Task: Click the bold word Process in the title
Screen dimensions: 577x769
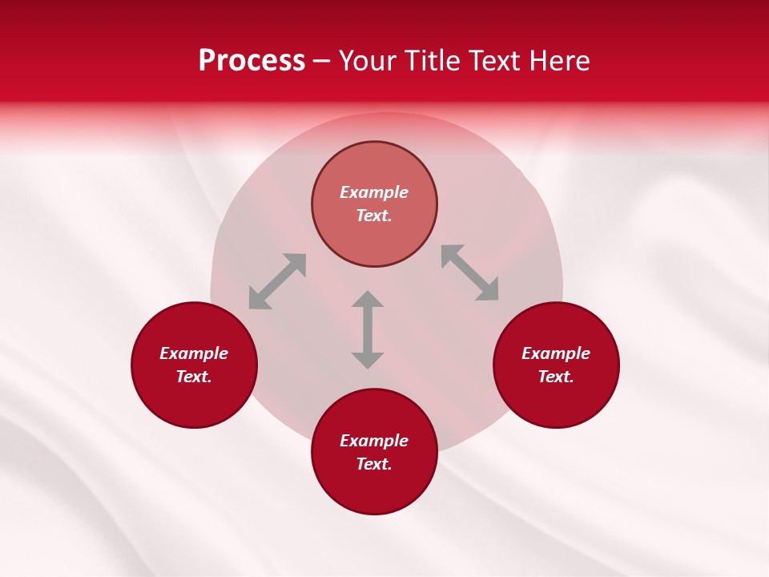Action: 252,61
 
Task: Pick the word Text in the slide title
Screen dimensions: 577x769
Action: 494,61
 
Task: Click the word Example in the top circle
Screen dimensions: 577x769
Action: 374,192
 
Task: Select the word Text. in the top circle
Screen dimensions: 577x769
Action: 374,216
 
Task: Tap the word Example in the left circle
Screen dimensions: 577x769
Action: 194,353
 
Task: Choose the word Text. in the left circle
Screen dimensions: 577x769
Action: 194,377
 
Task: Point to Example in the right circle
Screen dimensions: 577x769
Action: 556,353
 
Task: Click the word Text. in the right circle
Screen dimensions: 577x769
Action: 556,377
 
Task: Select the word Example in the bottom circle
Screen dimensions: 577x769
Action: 374,441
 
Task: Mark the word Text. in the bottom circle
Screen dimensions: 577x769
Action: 374,464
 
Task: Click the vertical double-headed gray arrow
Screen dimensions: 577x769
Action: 368,329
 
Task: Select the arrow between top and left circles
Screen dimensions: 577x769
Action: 277,281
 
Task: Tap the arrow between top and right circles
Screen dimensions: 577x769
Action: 470,272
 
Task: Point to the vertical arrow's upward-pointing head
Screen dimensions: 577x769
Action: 368,299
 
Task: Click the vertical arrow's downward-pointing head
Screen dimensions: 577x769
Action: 368,360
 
